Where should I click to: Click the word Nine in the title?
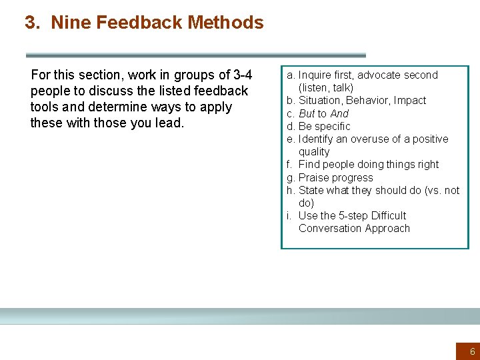(x=71, y=23)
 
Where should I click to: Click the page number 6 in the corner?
(x=473, y=351)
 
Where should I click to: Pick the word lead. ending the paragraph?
(x=167, y=123)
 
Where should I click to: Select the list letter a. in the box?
(x=291, y=75)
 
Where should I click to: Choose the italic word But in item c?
(x=307, y=113)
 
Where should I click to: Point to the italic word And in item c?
(x=339, y=113)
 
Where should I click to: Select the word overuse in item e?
(x=361, y=139)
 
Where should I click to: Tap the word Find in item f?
(x=309, y=165)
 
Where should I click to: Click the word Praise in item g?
(x=313, y=177)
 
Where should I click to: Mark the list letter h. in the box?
(x=291, y=190)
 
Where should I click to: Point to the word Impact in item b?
(x=410, y=101)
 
